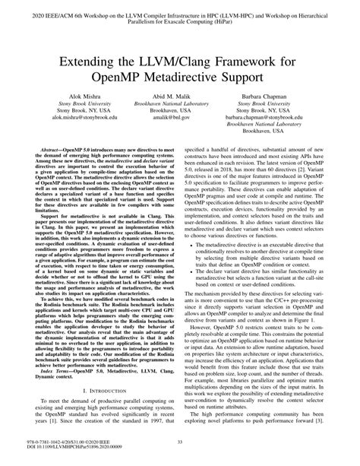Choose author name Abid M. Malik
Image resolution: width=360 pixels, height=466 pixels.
click(181, 110)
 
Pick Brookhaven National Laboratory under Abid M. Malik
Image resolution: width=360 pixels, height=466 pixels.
click(181, 120)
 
